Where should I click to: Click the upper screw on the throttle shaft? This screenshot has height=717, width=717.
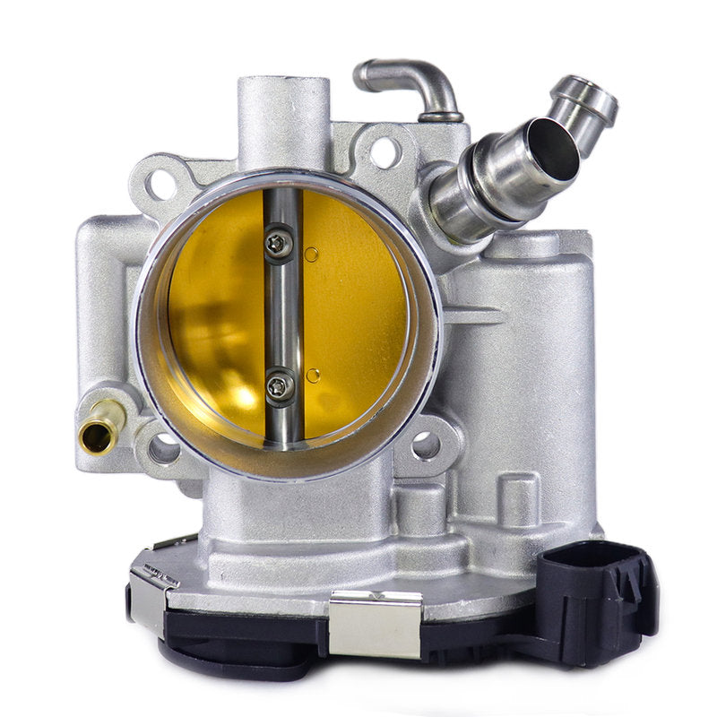(280, 243)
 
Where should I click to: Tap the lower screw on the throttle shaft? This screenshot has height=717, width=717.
(280, 386)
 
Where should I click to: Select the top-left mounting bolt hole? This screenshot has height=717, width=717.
(162, 184)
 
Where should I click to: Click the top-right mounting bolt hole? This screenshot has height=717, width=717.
(384, 152)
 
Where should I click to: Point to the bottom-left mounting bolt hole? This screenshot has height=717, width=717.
(164, 448)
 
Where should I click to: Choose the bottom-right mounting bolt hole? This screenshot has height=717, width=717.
(426, 445)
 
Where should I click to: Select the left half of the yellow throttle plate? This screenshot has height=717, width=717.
(215, 314)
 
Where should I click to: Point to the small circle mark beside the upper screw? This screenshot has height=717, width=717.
(311, 255)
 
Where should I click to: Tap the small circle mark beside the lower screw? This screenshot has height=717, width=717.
(312, 376)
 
